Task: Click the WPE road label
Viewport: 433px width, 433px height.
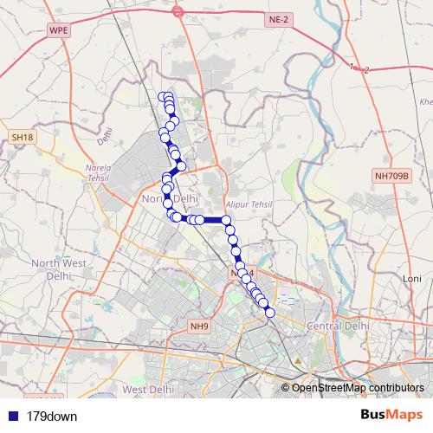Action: click(59, 30)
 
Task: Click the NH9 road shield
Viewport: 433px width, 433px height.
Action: click(200, 326)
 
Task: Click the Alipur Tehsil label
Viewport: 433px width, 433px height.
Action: click(242, 204)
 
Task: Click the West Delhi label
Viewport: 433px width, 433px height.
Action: click(145, 390)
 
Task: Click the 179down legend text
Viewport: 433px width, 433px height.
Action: click(52, 417)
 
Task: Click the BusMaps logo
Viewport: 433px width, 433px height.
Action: click(390, 416)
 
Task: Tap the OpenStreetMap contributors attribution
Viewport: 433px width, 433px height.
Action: click(357, 388)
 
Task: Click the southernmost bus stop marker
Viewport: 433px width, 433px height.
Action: click(269, 313)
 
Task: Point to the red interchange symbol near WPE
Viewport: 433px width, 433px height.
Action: click(178, 11)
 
